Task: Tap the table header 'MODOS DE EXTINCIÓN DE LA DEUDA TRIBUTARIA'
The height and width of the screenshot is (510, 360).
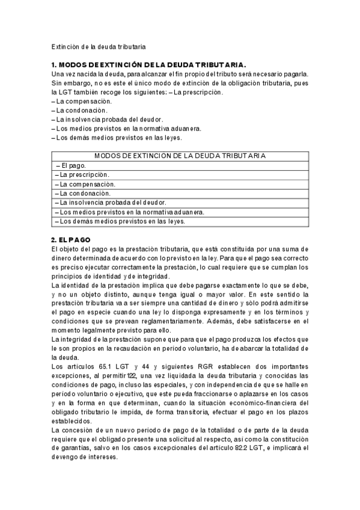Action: click(x=180, y=155)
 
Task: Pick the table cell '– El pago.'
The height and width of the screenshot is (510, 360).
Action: click(x=71, y=165)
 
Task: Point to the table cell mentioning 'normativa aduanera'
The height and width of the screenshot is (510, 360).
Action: click(x=130, y=212)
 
